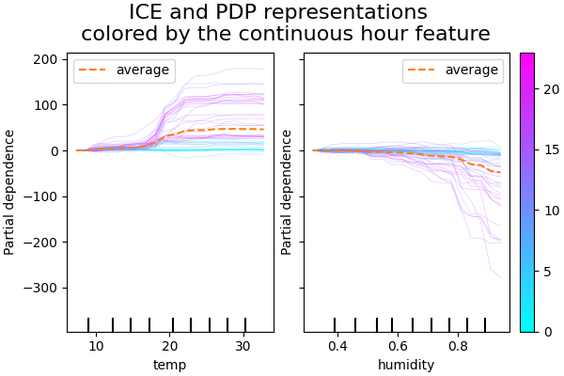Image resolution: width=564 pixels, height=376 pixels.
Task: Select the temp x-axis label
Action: (170, 365)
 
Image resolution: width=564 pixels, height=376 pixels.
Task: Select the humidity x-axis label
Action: (406, 365)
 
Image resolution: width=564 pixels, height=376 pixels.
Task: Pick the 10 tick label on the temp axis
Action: (96, 347)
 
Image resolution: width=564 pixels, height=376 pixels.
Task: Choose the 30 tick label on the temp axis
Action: (244, 347)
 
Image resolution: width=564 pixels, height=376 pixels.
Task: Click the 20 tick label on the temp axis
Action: (170, 347)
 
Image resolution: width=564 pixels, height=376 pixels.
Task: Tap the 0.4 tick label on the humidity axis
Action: (337, 347)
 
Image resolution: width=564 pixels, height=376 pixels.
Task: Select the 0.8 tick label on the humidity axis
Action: (458, 347)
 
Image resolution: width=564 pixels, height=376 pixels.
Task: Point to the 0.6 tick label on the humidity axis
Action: (398, 347)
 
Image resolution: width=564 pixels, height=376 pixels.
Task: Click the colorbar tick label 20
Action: (552, 89)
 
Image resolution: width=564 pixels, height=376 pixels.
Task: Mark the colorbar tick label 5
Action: (548, 272)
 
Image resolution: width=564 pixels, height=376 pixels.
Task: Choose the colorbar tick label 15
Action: (552, 150)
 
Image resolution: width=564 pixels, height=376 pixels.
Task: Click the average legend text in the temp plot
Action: (143, 70)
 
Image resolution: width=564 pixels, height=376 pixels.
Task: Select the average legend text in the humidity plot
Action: (472, 70)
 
